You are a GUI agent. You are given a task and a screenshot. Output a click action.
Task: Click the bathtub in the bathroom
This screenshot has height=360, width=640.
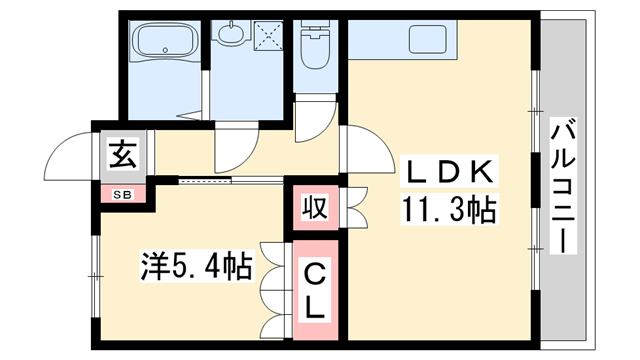point(167,45)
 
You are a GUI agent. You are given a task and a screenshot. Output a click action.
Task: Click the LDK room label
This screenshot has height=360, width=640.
point(447,173)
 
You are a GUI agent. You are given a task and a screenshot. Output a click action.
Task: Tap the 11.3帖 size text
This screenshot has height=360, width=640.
point(449,211)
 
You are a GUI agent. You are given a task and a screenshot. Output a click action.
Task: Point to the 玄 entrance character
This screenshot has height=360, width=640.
point(121,157)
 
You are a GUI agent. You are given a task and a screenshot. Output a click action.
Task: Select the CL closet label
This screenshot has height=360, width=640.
point(316,289)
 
